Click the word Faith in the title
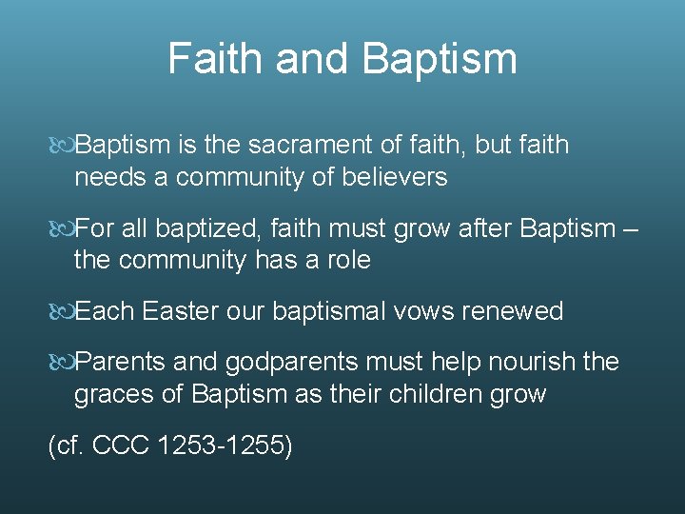(214, 58)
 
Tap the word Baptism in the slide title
(440, 58)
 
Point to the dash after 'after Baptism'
(633, 229)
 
